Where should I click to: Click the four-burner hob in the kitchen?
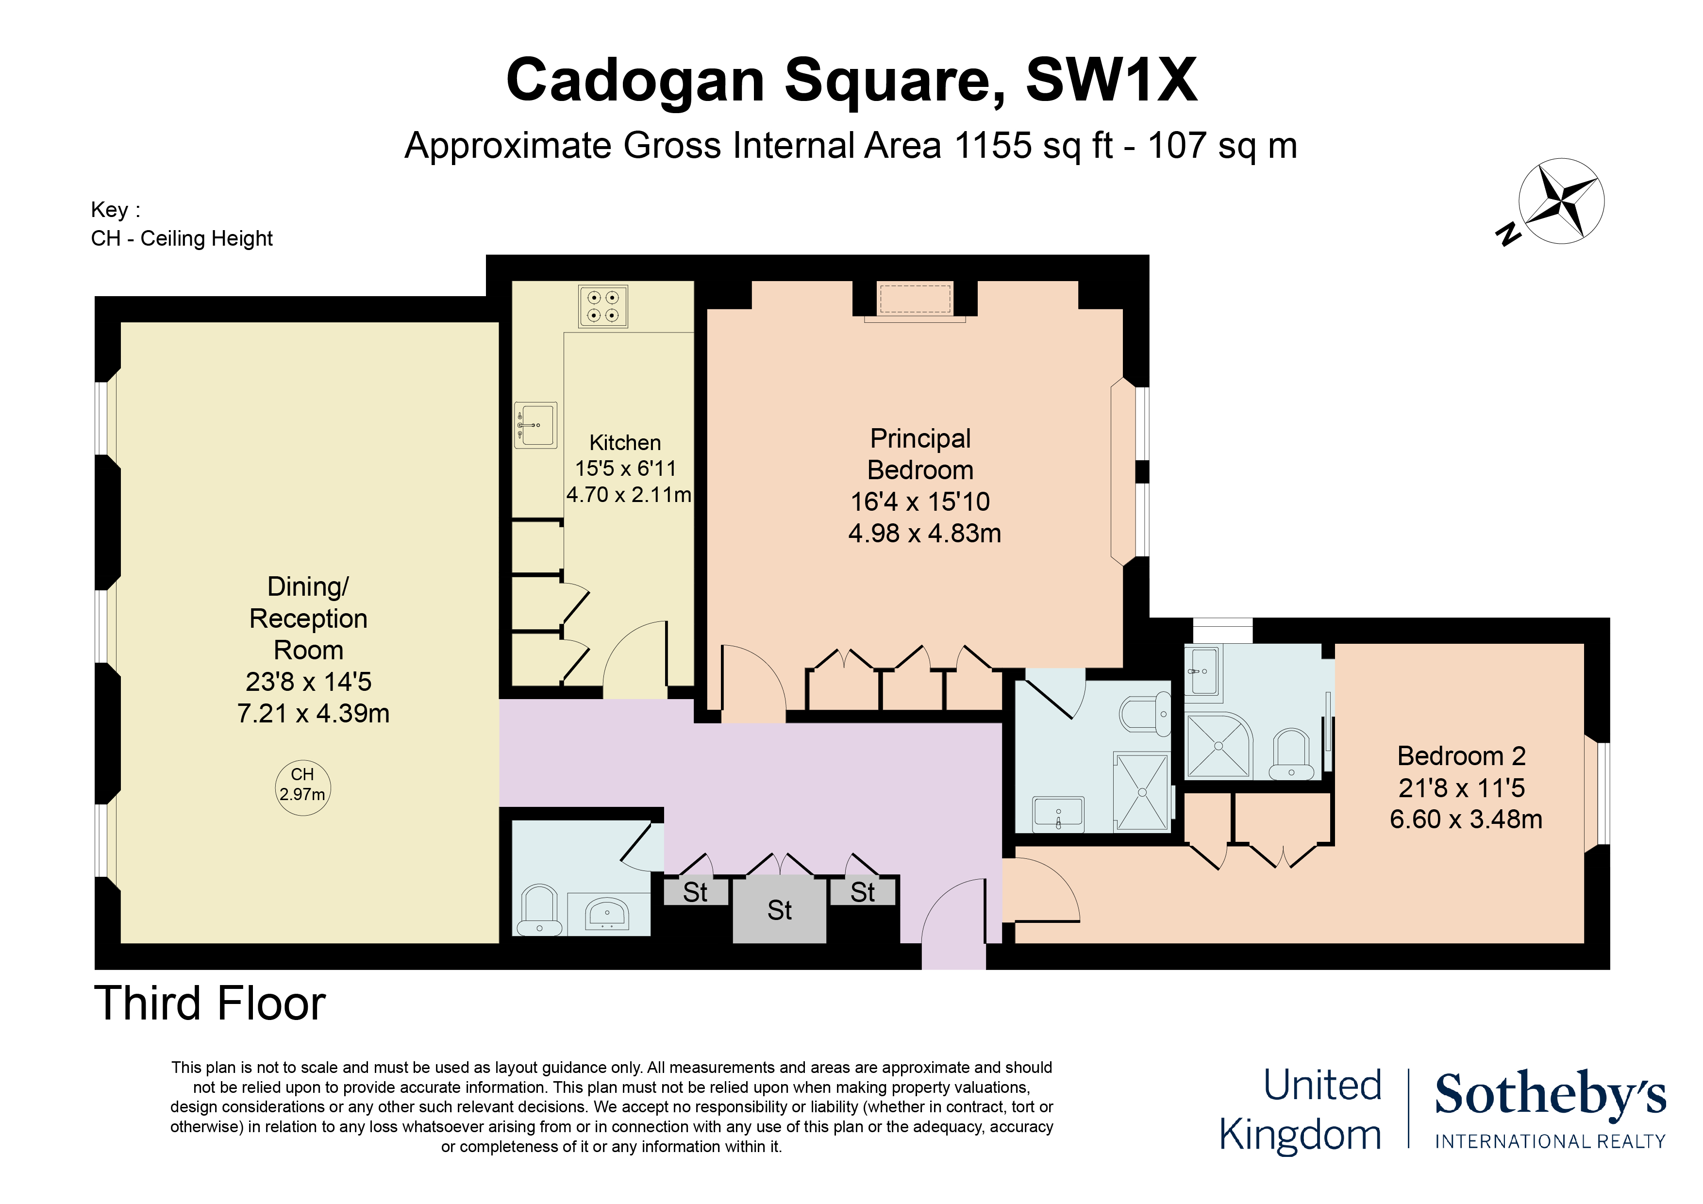pyautogui.click(x=602, y=306)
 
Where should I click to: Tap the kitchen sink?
pyautogui.click(x=535, y=425)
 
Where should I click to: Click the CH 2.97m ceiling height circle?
pyautogui.click(x=302, y=787)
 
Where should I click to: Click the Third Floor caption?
pyautogui.click(x=210, y=1003)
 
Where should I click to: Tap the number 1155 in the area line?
pyautogui.click(x=992, y=145)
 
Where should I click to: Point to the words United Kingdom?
pyautogui.click(x=1300, y=1110)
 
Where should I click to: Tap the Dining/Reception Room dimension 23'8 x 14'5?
pyautogui.click(x=309, y=682)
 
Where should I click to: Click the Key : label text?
pyautogui.click(x=115, y=210)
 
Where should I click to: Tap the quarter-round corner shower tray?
pyautogui.click(x=1217, y=746)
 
